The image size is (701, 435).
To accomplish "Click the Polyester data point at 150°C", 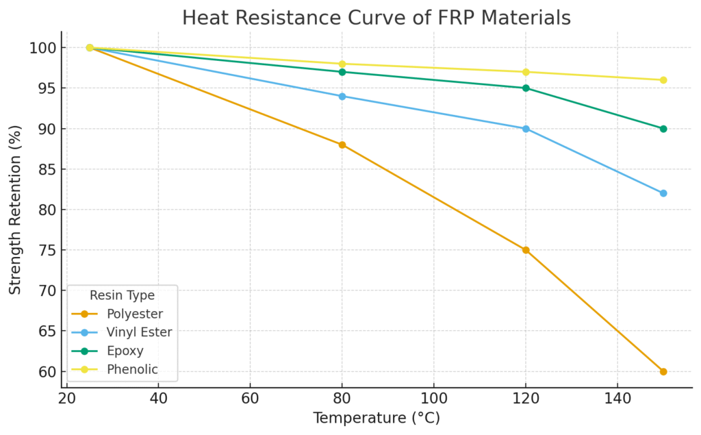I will (x=663, y=371).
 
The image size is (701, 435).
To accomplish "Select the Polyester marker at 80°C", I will (x=342, y=145).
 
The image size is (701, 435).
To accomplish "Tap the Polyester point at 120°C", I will (x=525, y=250).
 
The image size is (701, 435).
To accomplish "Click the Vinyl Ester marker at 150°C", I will (x=663, y=193).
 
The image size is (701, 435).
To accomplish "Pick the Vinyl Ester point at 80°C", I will (x=342, y=96).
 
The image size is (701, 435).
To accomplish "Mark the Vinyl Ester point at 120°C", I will (x=525, y=129).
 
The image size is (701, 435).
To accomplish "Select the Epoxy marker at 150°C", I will (x=663, y=129).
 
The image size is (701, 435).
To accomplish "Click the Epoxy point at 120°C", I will (x=525, y=88).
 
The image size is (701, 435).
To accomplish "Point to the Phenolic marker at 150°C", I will (x=663, y=80).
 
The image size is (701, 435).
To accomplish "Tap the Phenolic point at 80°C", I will (x=342, y=64).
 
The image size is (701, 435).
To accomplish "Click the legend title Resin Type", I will (x=122, y=295).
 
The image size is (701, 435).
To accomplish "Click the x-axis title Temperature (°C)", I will (x=376, y=418).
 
